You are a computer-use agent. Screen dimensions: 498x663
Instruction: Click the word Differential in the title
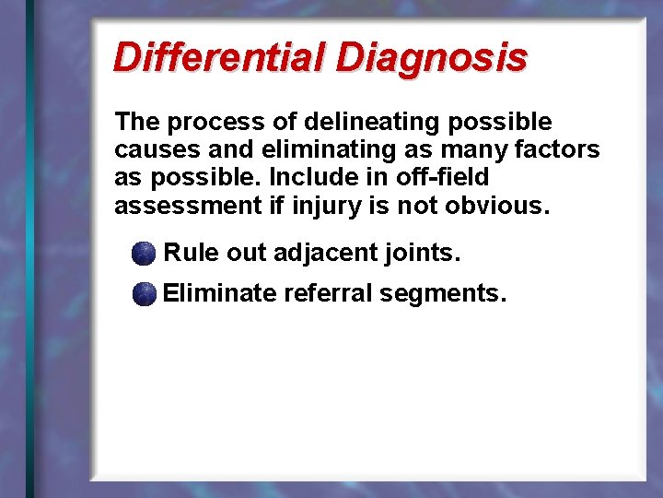coord(219,57)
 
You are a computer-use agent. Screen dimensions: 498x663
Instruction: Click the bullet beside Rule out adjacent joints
coord(144,254)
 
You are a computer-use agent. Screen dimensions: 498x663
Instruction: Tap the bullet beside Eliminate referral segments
coord(144,295)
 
